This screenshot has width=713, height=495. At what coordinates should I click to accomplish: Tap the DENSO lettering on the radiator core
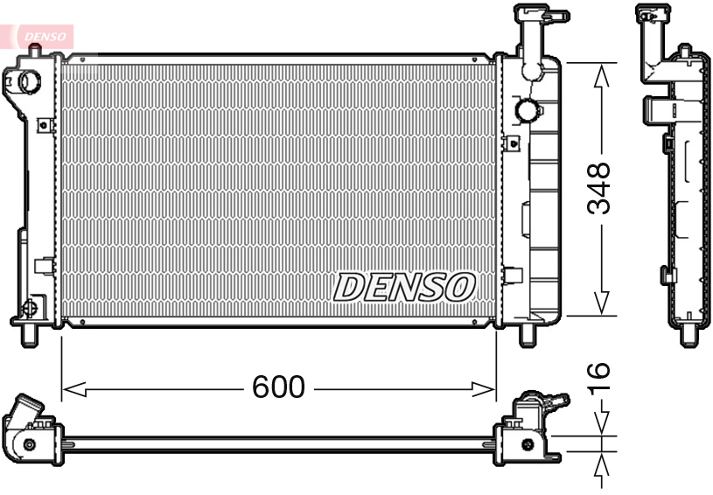pos(404,286)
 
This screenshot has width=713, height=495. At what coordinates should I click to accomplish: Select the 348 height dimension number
pos(599,188)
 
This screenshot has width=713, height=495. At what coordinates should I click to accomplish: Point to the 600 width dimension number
pos(278,387)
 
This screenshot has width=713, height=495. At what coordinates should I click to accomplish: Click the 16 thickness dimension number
pos(598,377)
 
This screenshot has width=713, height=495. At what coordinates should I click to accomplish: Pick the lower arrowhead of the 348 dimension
pos(601,303)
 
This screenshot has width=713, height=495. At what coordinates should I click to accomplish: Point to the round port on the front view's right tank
pos(528,111)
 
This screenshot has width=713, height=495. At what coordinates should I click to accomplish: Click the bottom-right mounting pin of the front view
pos(528,335)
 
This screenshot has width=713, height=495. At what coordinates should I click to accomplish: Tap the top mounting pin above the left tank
pos(34,53)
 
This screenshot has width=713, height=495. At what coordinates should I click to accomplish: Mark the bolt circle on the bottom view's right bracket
pos(527,444)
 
